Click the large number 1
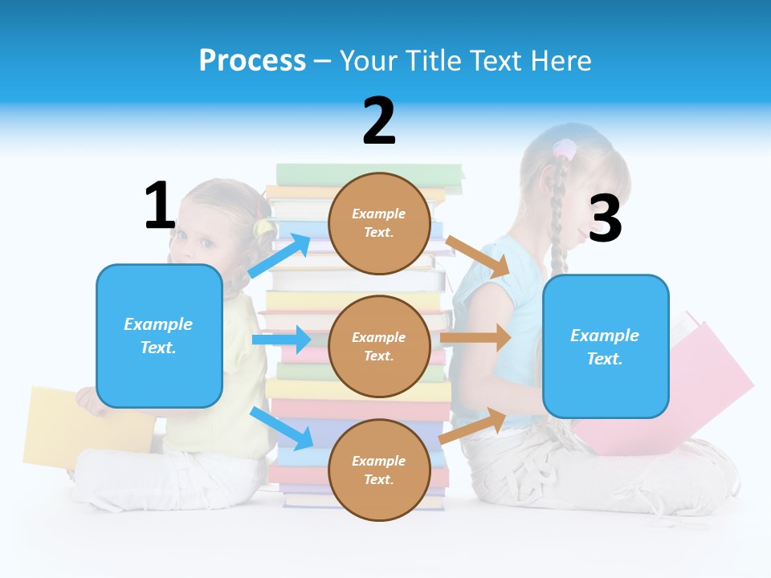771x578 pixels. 160,206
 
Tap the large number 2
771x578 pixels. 379,121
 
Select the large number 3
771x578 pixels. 606,218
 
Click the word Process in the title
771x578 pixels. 252,60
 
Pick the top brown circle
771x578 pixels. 379,223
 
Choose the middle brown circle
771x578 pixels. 379,346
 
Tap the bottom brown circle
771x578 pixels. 379,470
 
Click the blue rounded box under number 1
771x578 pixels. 159,336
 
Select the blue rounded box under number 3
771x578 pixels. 606,346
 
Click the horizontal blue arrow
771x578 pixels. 281,340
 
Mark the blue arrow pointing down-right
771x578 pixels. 281,428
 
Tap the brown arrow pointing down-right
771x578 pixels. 477,256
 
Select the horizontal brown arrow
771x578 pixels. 475,337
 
